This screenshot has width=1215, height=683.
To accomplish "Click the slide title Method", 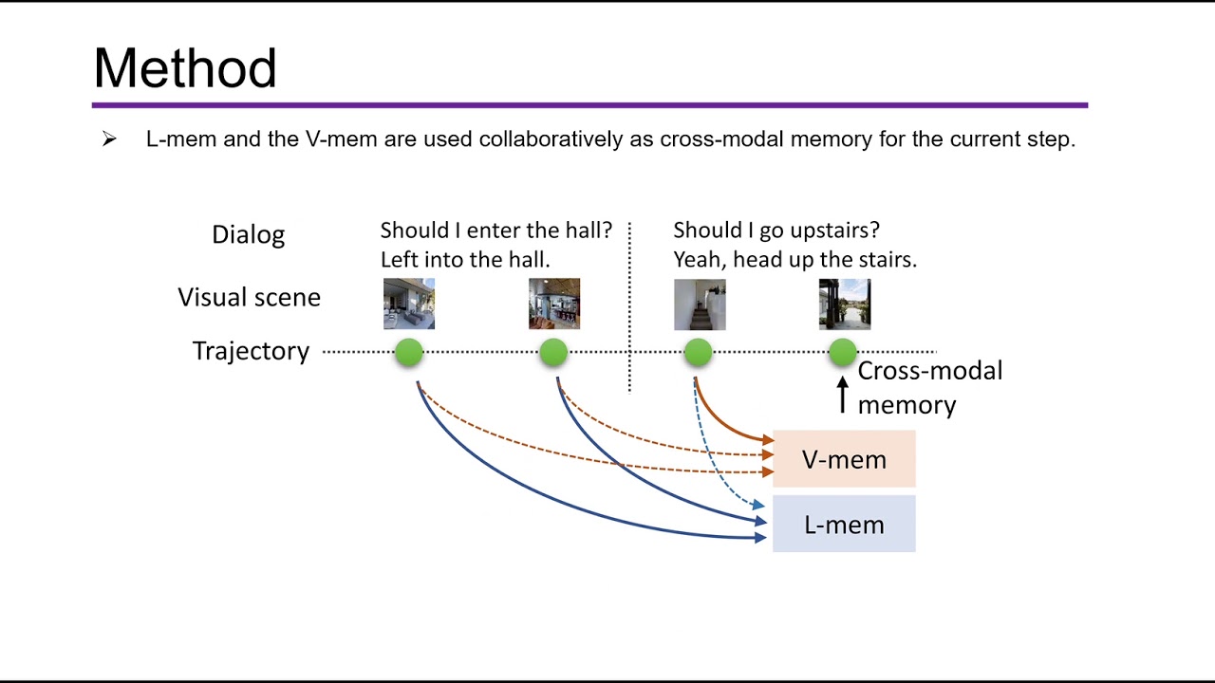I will pyautogui.click(x=185, y=68).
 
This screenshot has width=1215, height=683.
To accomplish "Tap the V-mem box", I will pyautogui.click(x=844, y=459).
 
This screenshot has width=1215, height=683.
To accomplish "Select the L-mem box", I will pyautogui.click(x=844, y=524).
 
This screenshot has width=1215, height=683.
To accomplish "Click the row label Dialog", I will pyautogui.click(x=248, y=234).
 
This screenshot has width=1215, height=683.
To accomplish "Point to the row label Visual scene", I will pyautogui.click(x=249, y=297).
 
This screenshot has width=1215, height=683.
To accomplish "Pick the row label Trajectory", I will pyautogui.click(x=251, y=351).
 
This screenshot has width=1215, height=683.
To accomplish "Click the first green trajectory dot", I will pyautogui.click(x=409, y=353).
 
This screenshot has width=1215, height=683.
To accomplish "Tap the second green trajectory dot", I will pyautogui.click(x=553, y=353).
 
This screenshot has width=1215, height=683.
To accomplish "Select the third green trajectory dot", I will pyautogui.click(x=698, y=353).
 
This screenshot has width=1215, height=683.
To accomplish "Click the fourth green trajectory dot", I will pyautogui.click(x=843, y=353).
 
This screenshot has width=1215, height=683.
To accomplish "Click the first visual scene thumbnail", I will pyautogui.click(x=409, y=304).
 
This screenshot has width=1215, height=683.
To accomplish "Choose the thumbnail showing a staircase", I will pyautogui.click(x=700, y=304).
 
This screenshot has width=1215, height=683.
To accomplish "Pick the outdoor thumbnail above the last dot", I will pyautogui.click(x=845, y=304).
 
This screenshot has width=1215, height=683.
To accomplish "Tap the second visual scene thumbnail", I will pyautogui.click(x=554, y=304).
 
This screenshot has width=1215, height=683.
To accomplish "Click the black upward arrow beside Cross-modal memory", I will pyautogui.click(x=842, y=395).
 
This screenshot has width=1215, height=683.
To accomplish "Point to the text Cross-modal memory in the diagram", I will pyautogui.click(x=928, y=387).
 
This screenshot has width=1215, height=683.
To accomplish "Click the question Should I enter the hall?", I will pyautogui.click(x=495, y=231).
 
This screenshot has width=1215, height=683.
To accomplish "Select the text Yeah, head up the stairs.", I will pyautogui.click(x=794, y=259).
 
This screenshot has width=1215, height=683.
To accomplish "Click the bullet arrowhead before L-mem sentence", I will pyautogui.click(x=109, y=139).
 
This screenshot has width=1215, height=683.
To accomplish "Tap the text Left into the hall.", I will pyautogui.click(x=465, y=259).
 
